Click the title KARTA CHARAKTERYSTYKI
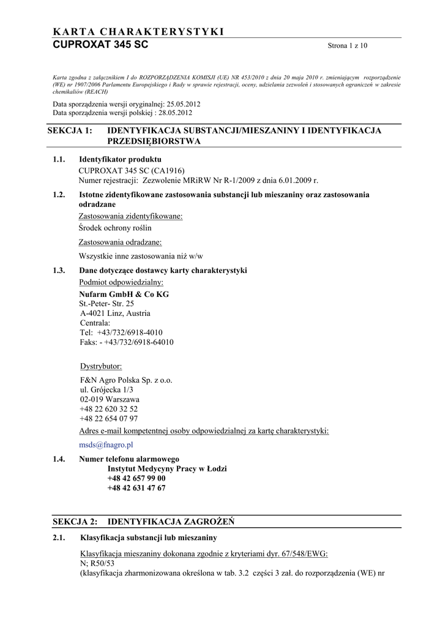pyautogui.click(x=138, y=32)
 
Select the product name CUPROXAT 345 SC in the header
pyautogui.click(x=100, y=45)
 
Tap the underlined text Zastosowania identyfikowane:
pyautogui.click(x=131, y=216)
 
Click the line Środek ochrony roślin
pyautogui.click(x=115, y=228)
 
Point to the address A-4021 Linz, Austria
pyautogui.click(x=115, y=313)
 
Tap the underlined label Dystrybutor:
pyautogui.click(x=101, y=367)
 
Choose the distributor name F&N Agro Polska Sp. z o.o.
pyautogui.click(x=126, y=380)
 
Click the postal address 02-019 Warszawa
pyautogui.click(x=110, y=399)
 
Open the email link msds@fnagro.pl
pyautogui.click(x=106, y=445)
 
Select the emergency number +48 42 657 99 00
pyautogui.click(x=136, y=478)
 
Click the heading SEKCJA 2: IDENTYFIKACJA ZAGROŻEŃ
pyautogui.click(x=144, y=522)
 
